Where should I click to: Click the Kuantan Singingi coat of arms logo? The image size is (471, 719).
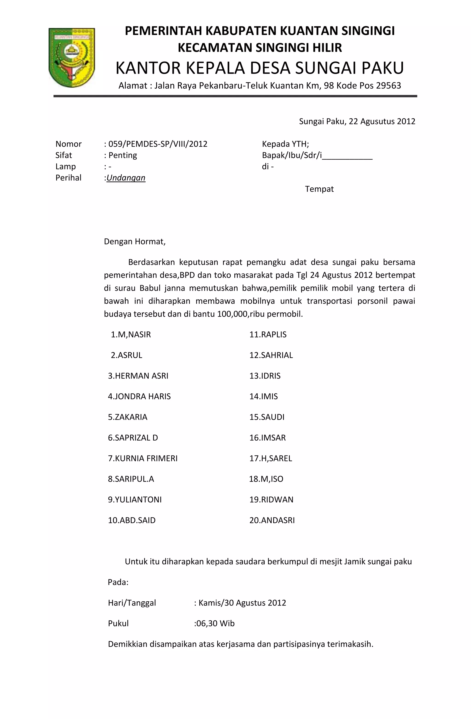72,57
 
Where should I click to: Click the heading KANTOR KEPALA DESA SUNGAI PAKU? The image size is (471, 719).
260,68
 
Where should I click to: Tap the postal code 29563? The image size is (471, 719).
388,86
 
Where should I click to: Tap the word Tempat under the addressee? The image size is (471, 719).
319,189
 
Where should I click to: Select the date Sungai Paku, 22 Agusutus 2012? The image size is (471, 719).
357,122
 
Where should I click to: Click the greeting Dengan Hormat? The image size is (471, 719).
135,242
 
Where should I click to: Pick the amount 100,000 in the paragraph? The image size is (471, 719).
232,314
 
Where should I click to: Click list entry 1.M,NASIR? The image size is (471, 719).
131,335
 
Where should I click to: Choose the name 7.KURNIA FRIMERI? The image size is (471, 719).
143,459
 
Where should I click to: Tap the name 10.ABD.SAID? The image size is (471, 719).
132,521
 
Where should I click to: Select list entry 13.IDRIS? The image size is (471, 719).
265,376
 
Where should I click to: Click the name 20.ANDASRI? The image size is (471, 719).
272,521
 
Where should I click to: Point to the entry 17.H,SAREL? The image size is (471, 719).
270,459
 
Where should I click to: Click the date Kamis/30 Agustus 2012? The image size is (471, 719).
242,603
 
